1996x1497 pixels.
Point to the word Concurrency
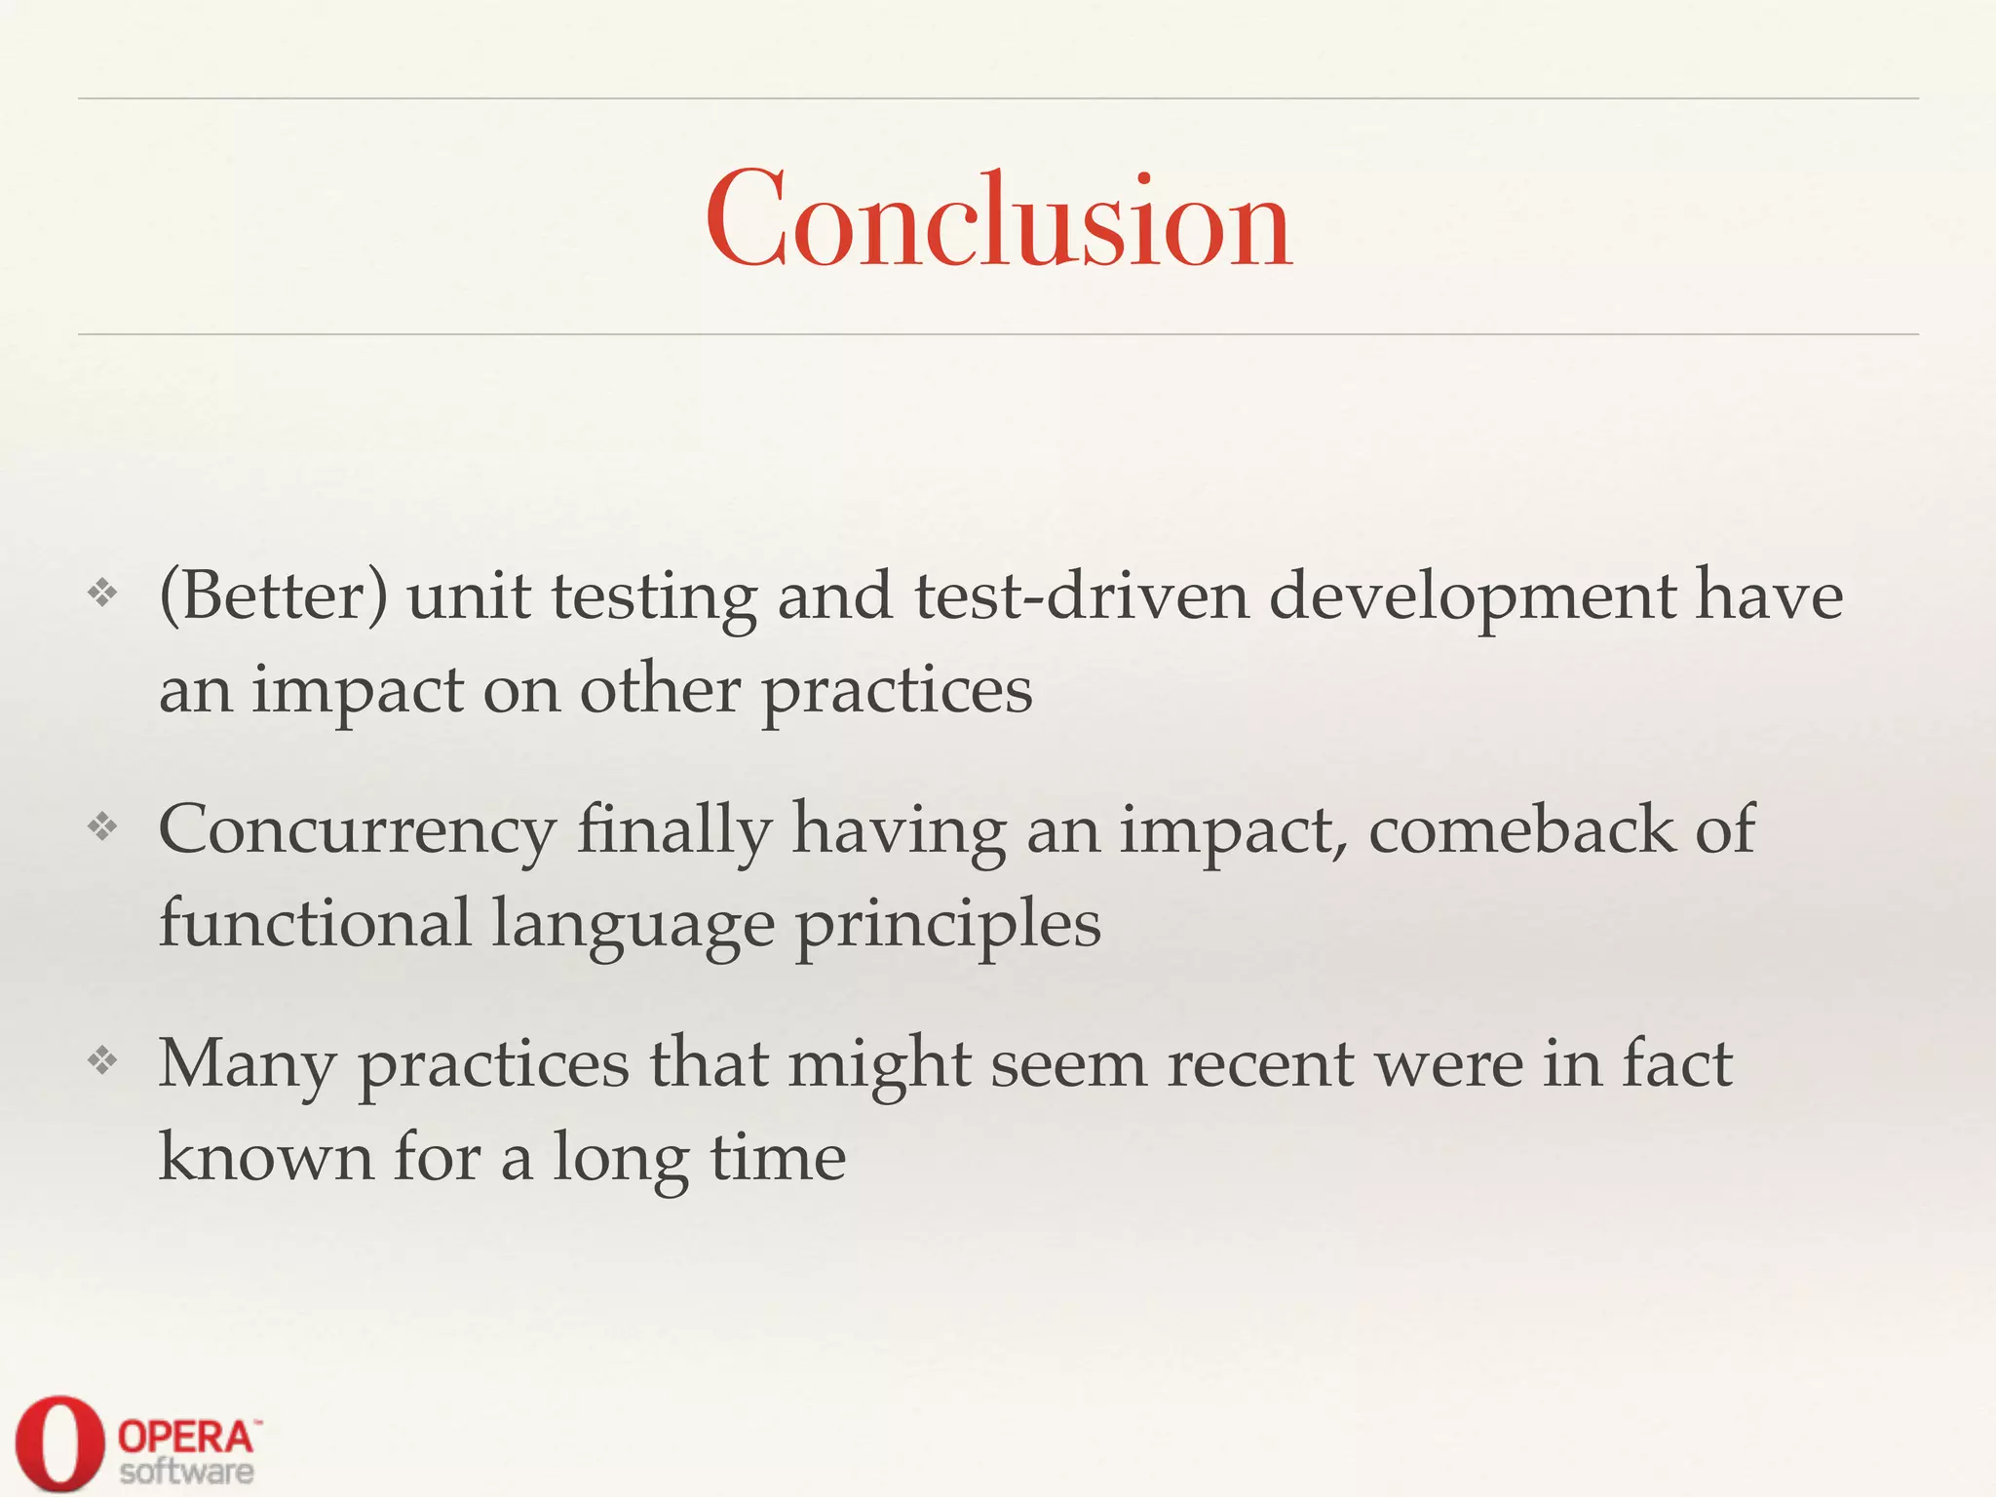(357, 831)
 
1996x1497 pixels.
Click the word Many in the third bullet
(247, 1065)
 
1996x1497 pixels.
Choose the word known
(266, 1157)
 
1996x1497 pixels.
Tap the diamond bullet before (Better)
(102, 592)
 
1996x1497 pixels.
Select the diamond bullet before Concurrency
(102, 826)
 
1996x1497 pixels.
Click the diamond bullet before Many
(102, 1060)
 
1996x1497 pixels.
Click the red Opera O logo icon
(59, 1443)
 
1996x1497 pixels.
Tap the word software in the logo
(186, 1472)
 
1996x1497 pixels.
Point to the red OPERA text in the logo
(185, 1437)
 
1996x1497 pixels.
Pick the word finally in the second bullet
(673, 831)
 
